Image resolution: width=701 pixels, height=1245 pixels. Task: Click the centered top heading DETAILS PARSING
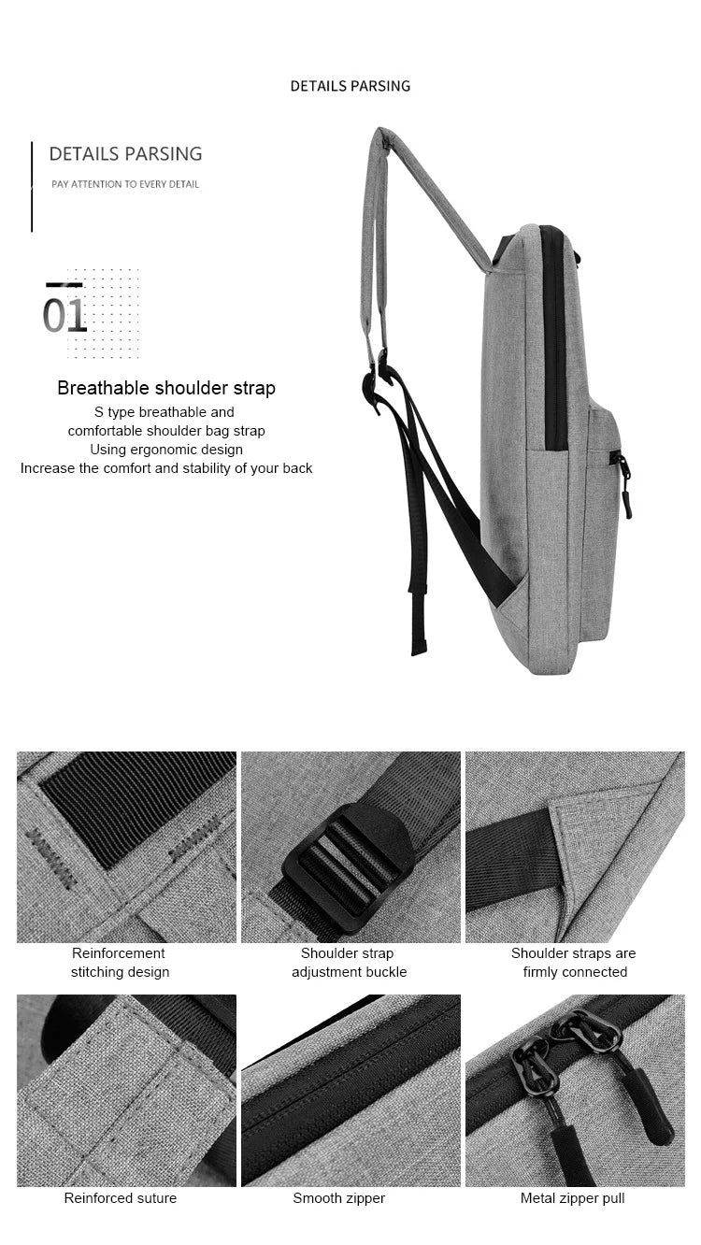point(350,86)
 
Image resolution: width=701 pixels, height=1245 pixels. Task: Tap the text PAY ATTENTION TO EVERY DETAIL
point(125,184)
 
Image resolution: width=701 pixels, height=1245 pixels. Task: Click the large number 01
point(64,315)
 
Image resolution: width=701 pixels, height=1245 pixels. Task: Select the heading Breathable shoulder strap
point(166,388)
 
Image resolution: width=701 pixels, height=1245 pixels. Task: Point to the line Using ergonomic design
point(166,450)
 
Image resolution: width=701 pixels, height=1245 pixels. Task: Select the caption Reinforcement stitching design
point(120,963)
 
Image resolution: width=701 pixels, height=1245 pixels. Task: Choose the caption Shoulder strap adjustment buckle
point(349,963)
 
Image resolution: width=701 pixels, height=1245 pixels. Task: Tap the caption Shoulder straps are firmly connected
point(574,963)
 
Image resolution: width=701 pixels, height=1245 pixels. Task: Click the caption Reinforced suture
point(120,1198)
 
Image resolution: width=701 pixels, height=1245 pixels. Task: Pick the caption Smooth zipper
point(338,1198)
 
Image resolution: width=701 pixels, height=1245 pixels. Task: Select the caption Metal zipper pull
point(572,1198)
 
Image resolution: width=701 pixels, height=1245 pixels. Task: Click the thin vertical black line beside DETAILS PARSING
point(32,187)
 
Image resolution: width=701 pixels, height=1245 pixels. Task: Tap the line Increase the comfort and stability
point(166,468)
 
